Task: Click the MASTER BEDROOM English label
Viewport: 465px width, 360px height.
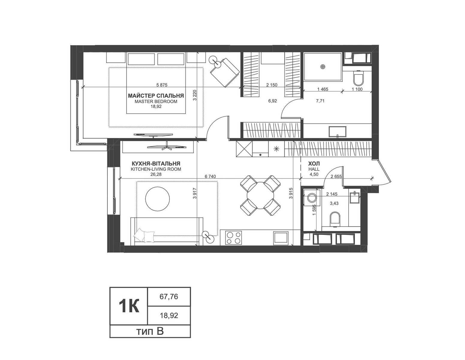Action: (156, 101)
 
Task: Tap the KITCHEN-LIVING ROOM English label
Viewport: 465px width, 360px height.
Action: (156, 169)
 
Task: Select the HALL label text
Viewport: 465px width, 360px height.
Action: (314, 169)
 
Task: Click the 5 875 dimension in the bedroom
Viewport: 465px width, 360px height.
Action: (162, 85)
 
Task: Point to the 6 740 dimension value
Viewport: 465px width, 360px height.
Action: (210, 177)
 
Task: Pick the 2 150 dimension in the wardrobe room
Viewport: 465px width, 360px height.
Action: (272, 85)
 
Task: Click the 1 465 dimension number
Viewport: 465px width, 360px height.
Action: (323, 89)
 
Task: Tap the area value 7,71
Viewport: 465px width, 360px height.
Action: (320, 101)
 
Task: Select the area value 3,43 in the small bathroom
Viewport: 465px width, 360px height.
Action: (334, 203)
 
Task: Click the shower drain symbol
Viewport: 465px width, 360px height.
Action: (323, 67)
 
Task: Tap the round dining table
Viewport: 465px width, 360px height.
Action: (261, 195)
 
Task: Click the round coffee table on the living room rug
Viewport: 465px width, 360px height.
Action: (157, 199)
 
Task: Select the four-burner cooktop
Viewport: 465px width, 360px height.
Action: (234, 238)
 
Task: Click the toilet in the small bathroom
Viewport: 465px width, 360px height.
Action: (335, 219)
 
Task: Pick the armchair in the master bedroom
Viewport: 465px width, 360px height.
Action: (225, 72)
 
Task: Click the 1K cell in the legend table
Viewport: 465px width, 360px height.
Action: (128, 306)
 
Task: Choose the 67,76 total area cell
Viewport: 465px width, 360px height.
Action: (169, 297)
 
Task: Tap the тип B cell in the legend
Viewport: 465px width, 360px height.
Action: (150, 331)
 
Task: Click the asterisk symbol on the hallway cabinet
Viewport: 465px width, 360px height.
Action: (276, 149)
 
